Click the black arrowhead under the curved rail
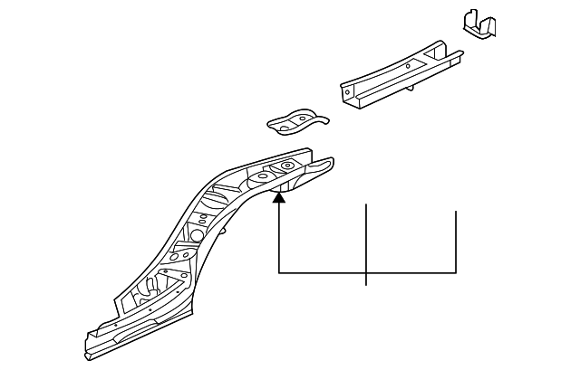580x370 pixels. (x=279, y=199)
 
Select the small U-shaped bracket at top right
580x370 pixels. (x=478, y=24)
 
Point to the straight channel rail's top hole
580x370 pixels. (x=408, y=65)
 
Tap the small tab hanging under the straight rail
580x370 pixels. (x=413, y=87)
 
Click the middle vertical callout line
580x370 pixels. (x=366, y=240)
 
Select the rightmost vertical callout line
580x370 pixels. (x=455, y=240)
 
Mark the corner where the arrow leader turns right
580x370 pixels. (x=279, y=271)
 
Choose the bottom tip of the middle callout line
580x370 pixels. (x=366, y=285)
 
